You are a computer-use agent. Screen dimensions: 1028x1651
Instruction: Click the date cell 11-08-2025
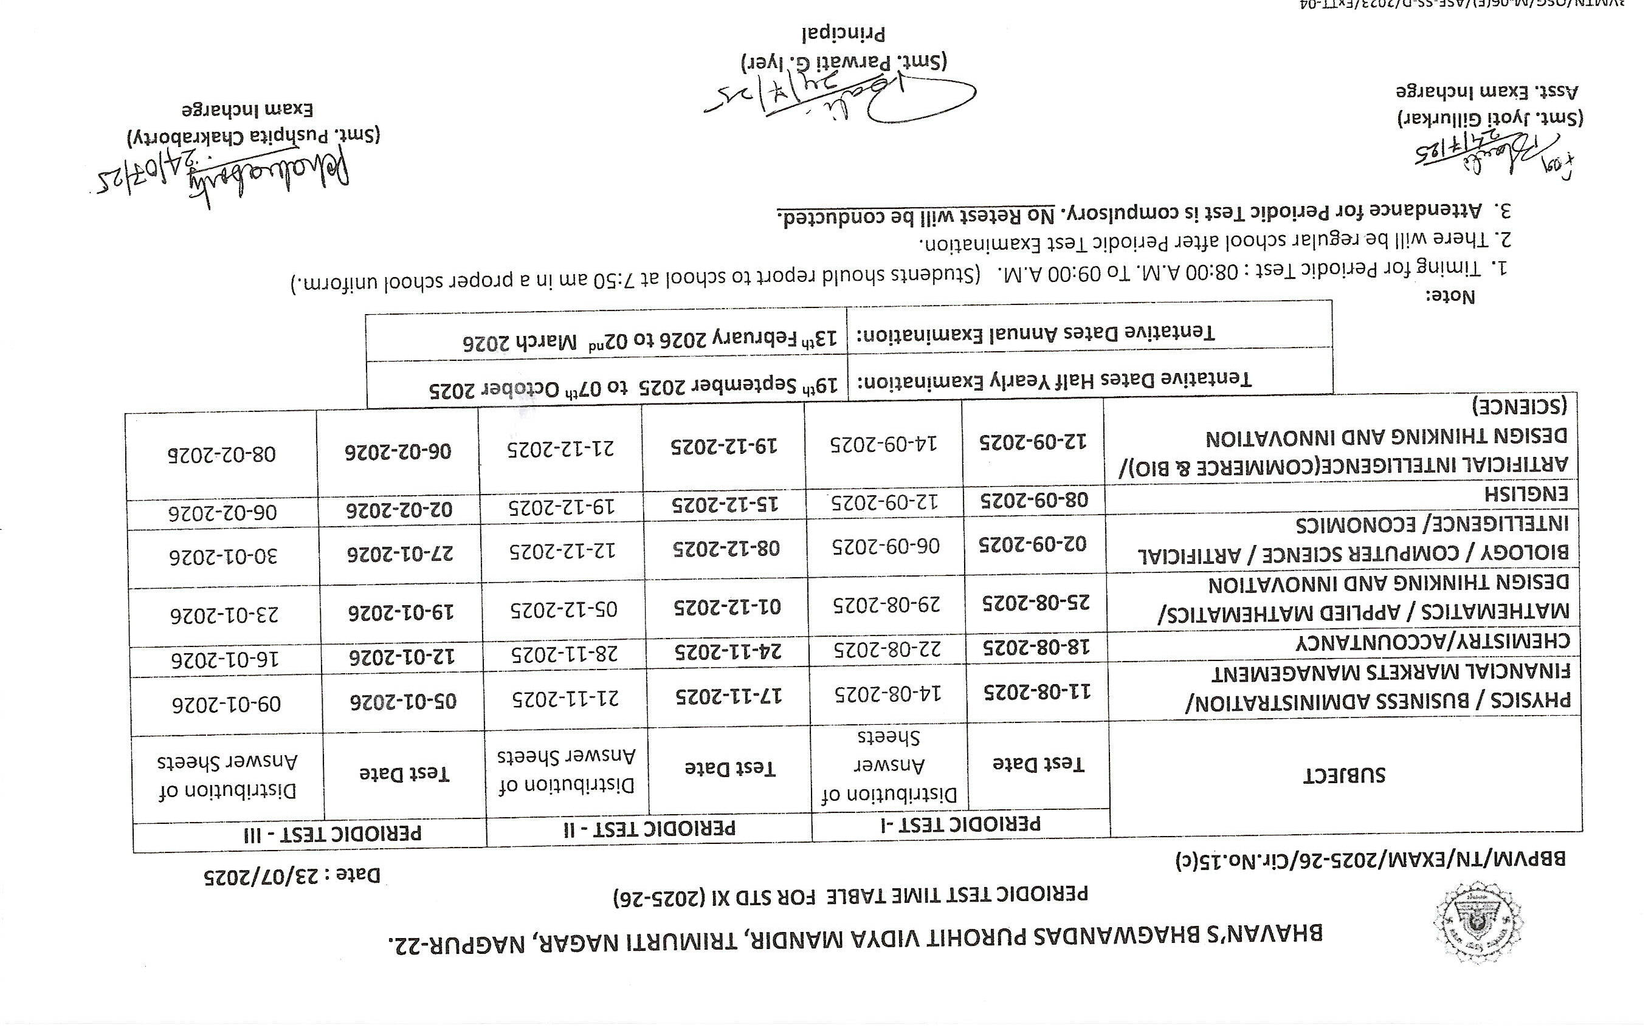(x=1036, y=691)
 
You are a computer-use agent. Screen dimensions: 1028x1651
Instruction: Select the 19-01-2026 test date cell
(x=402, y=612)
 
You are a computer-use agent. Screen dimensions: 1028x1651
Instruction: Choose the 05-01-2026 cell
(x=404, y=701)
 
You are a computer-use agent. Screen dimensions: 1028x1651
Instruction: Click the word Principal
(x=844, y=32)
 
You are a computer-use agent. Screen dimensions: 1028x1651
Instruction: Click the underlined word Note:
(x=1450, y=297)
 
